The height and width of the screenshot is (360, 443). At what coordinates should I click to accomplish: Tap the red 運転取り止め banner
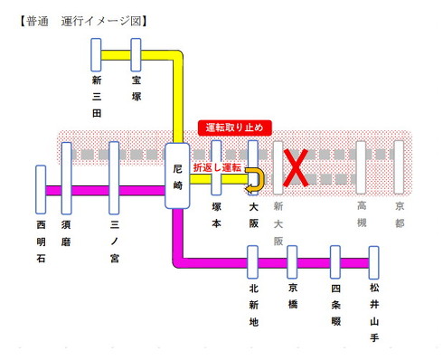pyautogui.click(x=235, y=127)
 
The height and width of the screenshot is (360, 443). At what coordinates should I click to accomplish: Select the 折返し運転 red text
pyautogui.click(x=217, y=168)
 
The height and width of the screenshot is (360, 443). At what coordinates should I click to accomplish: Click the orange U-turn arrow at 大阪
pyautogui.click(x=257, y=180)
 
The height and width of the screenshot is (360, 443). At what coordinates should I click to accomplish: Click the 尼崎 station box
pyautogui.click(x=178, y=177)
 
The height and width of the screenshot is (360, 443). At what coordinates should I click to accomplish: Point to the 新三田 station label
pyautogui.click(x=97, y=99)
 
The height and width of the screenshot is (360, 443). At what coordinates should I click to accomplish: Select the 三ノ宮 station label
pyautogui.click(x=114, y=239)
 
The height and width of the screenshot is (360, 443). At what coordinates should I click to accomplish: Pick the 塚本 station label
pyautogui.click(x=216, y=220)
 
